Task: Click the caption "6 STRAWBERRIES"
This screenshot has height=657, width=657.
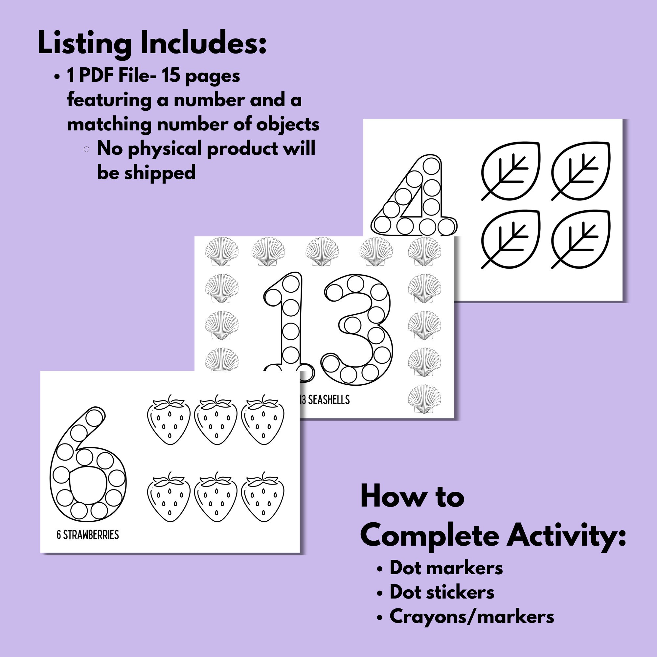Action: pyautogui.click(x=88, y=535)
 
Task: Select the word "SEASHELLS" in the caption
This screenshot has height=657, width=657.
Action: pyautogui.click(x=329, y=399)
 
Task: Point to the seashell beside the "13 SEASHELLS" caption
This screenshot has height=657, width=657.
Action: pyautogui.click(x=424, y=399)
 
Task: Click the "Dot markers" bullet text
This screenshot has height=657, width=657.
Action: pyautogui.click(x=446, y=568)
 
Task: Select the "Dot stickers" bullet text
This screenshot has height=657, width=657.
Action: pyautogui.click(x=442, y=592)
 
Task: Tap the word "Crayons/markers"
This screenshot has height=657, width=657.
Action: pyautogui.click(x=472, y=616)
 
